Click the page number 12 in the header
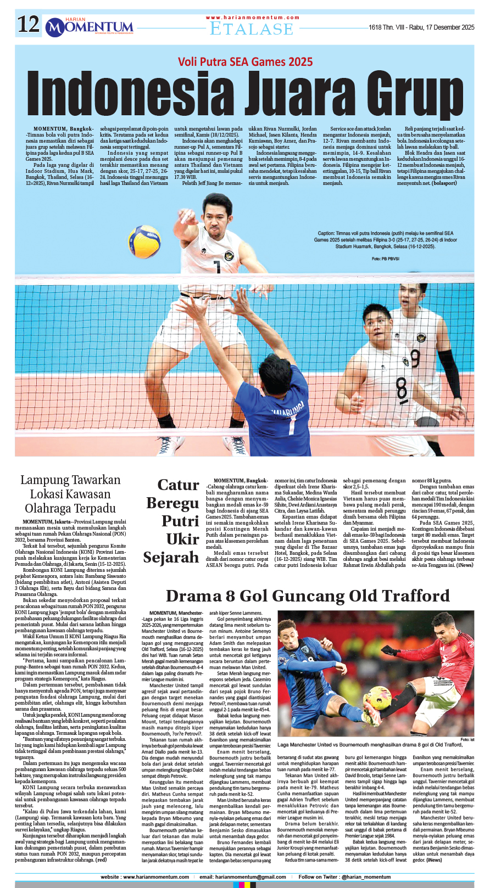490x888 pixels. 28,25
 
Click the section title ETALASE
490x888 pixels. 252,29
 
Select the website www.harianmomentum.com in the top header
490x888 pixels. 253,18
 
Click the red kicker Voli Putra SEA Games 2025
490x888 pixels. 245,62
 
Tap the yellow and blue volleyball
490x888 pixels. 144,241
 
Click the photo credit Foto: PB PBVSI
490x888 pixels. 385,258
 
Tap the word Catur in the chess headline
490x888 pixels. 178,485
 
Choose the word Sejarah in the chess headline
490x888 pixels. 171,558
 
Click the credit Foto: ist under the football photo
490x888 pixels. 467,739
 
